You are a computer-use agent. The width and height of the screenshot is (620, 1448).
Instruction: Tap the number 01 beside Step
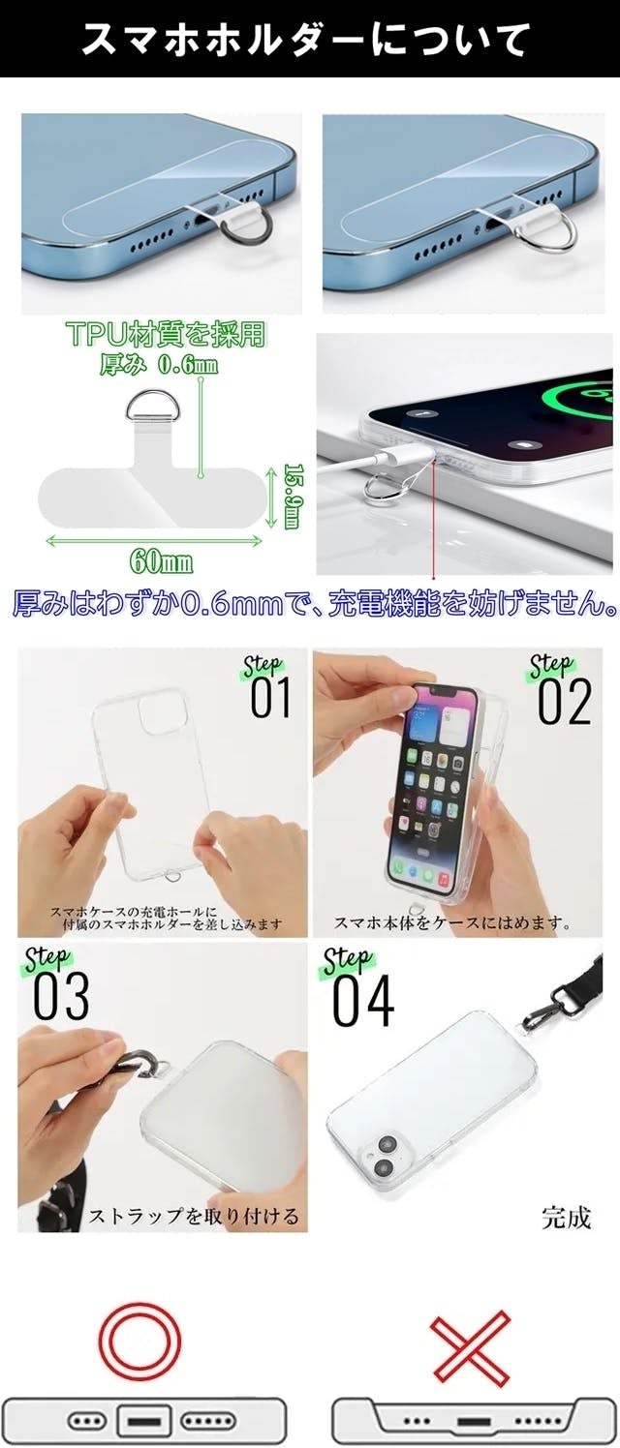point(271,698)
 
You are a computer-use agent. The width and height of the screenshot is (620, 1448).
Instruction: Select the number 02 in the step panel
point(565,702)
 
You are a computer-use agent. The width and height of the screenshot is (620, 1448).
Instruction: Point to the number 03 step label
point(61,996)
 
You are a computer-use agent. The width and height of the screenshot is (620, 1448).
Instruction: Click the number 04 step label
point(363,1001)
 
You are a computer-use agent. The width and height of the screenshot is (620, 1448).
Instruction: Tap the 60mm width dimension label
point(161,560)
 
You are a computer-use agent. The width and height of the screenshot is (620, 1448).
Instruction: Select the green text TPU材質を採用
point(167,334)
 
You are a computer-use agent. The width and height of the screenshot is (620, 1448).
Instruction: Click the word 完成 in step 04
point(567,1218)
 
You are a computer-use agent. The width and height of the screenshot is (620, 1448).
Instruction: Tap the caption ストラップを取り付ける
point(193,1216)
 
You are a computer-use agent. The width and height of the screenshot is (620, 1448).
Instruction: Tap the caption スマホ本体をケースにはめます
point(453,922)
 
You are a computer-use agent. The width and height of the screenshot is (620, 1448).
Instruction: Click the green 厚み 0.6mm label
point(159,365)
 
